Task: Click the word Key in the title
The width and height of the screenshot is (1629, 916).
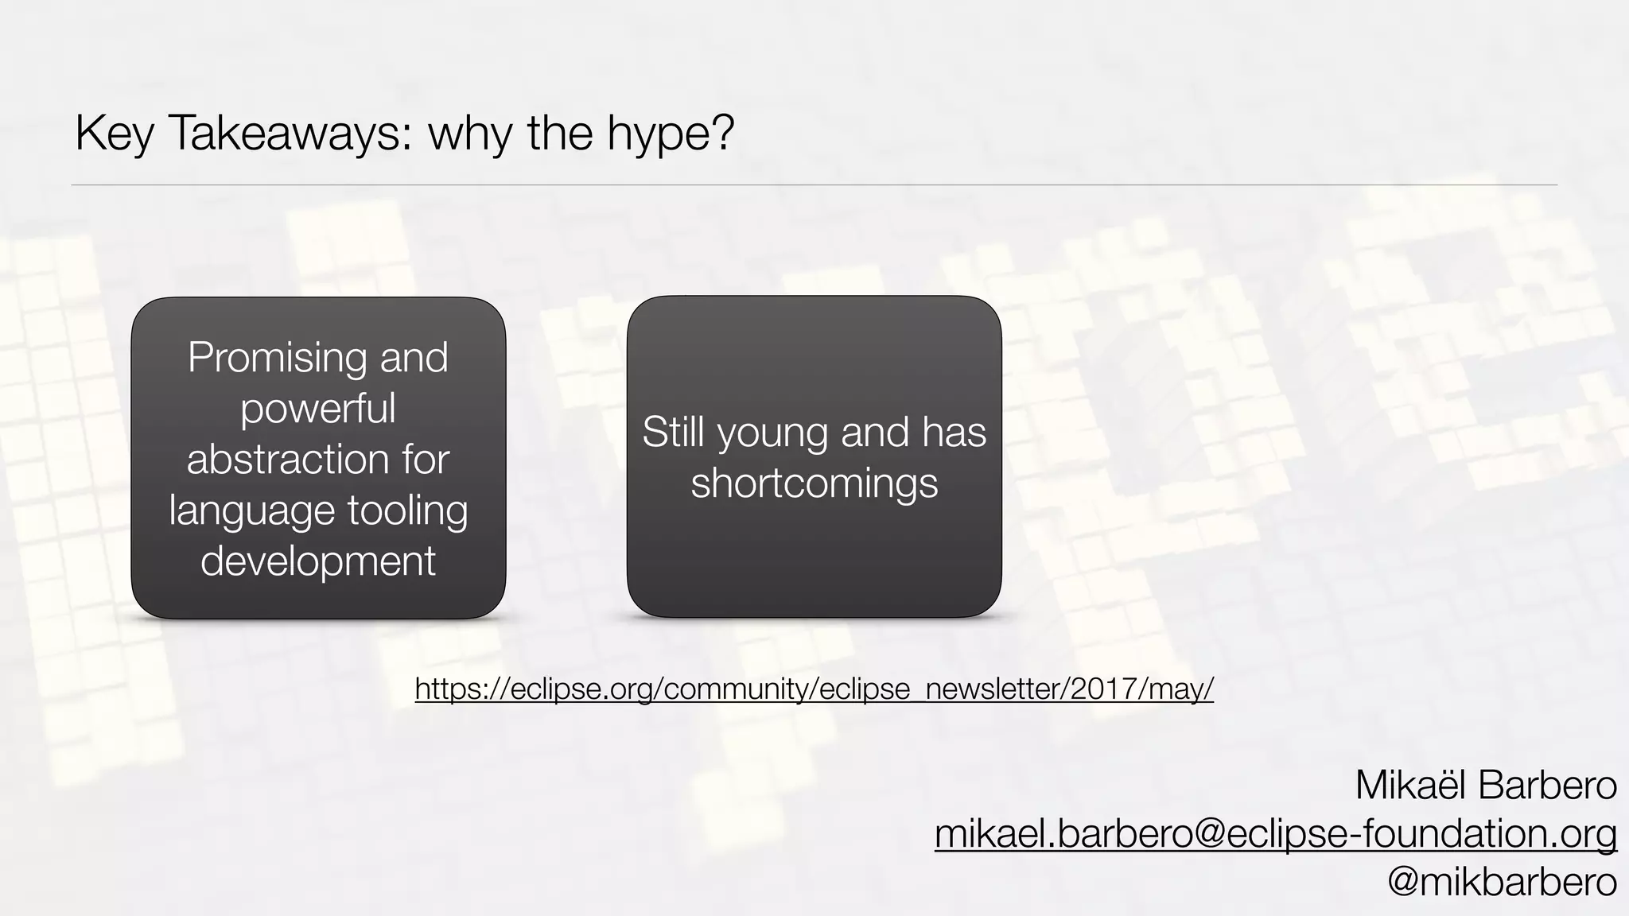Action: (113, 134)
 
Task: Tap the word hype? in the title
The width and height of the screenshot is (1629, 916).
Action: (671, 134)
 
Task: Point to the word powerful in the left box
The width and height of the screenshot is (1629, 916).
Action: (318, 408)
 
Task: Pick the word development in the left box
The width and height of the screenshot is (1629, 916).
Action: (318, 561)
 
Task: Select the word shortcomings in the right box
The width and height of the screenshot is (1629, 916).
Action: (814, 483)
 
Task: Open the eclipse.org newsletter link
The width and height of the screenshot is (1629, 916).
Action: (814, 689)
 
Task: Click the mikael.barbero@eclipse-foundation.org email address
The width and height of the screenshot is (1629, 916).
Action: (1276, 833)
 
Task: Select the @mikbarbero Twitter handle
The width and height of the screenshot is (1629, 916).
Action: (1502, 882)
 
